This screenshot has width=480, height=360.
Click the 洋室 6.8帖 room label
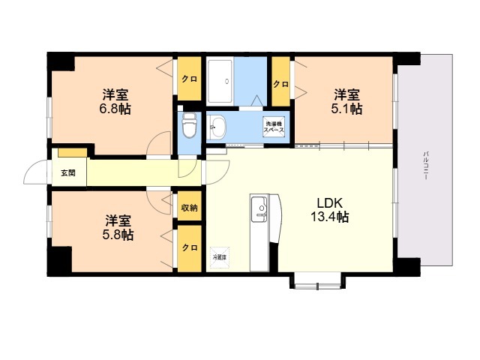point(115,102)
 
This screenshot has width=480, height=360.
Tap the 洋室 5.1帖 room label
point(346,102)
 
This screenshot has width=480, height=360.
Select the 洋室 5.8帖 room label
point(118,227)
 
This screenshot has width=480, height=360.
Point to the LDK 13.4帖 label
point(329,210)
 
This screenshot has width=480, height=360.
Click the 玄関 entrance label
point(68,173)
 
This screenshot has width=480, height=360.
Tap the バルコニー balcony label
point(425,165)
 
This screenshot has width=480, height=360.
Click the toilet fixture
point(189,126)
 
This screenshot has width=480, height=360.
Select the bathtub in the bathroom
point(220,81)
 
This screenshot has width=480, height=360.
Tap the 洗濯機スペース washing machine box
point(274,127)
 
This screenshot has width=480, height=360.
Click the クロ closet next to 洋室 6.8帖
point(190,79)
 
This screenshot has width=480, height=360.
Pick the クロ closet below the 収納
point(190,248)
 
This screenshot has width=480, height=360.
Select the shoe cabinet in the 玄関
point(73,152)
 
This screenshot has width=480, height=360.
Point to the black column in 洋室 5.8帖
point(59,259)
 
